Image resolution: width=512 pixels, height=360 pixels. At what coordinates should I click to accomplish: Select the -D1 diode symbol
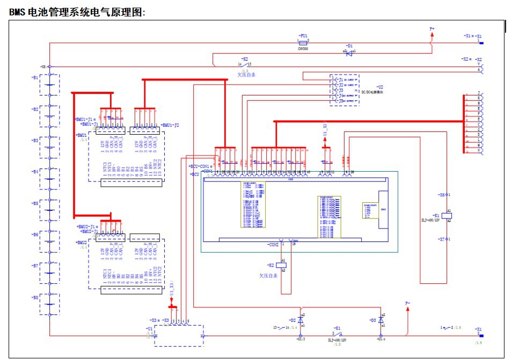coord(349,53)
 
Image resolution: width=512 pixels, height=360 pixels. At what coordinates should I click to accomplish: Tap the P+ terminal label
coord(432,28)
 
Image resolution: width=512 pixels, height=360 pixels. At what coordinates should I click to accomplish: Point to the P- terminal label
coord(408,303)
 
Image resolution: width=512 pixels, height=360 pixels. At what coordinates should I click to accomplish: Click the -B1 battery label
coord(35,77)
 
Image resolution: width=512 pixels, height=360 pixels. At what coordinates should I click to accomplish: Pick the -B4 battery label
coord(35,172)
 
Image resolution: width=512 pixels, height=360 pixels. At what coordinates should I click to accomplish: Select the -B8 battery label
coord(35,297)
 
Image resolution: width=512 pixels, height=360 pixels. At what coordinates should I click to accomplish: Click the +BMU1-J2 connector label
coord(170,125)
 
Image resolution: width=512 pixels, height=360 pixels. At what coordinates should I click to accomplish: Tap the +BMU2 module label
coord(82,243)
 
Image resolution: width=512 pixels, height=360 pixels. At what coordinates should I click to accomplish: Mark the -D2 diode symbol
coord(300,320)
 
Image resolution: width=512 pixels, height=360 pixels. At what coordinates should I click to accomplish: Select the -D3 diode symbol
coord(381,320)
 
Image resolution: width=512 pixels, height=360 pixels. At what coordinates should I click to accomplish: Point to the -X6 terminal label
coord(441,195)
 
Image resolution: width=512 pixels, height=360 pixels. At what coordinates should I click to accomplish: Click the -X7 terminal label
coord(441,239)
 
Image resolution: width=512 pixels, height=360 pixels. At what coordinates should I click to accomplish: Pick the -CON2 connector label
coord(273,245)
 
